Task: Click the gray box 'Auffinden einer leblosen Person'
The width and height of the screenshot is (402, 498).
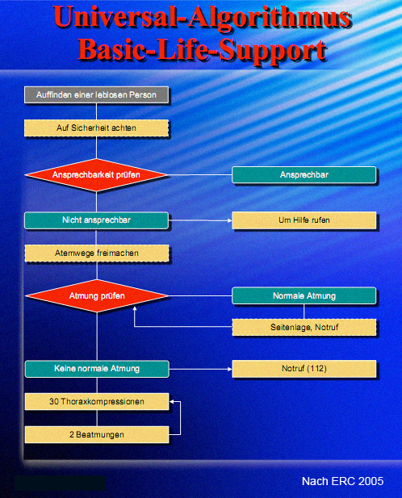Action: click(x=96, y=94)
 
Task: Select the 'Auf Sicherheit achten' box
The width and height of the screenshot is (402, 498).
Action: click(x=96, y=128)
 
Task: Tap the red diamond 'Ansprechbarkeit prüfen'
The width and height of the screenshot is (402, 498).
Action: click(x=96, y=174)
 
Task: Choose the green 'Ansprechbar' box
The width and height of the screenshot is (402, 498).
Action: click(x=304, y=174)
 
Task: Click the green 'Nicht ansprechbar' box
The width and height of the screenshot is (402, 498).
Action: click(x=96, y=220)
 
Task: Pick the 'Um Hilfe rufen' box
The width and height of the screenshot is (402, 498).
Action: click(x=304, y=220)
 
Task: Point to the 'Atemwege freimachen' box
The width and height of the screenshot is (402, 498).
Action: click(x=97, y=253)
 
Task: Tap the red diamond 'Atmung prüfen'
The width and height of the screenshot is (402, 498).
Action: click(x=97, y=295)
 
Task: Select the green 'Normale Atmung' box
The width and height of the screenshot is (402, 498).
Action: click(x=304, y=295)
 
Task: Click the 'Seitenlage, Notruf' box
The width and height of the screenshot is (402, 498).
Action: click(x=304, y=327)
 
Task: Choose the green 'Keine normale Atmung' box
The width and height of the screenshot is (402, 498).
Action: click(x=97, y=369)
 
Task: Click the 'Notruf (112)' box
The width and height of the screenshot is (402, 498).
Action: click(x=304, y=369)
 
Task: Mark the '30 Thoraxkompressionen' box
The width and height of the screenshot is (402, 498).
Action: click(x=97, y=401)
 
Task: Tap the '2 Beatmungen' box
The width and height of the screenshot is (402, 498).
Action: click(x=97, y=434)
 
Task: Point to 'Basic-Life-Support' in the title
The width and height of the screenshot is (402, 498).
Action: click(x=203, y=50)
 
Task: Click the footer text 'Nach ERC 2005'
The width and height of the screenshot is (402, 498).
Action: click(x=342, y=481)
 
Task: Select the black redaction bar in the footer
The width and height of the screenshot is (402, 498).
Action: click(x=60, y=483)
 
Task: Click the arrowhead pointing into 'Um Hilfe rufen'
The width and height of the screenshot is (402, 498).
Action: click(x=230, y=220)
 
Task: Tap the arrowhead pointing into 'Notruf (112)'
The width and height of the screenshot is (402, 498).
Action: click(x=230, y=369)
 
